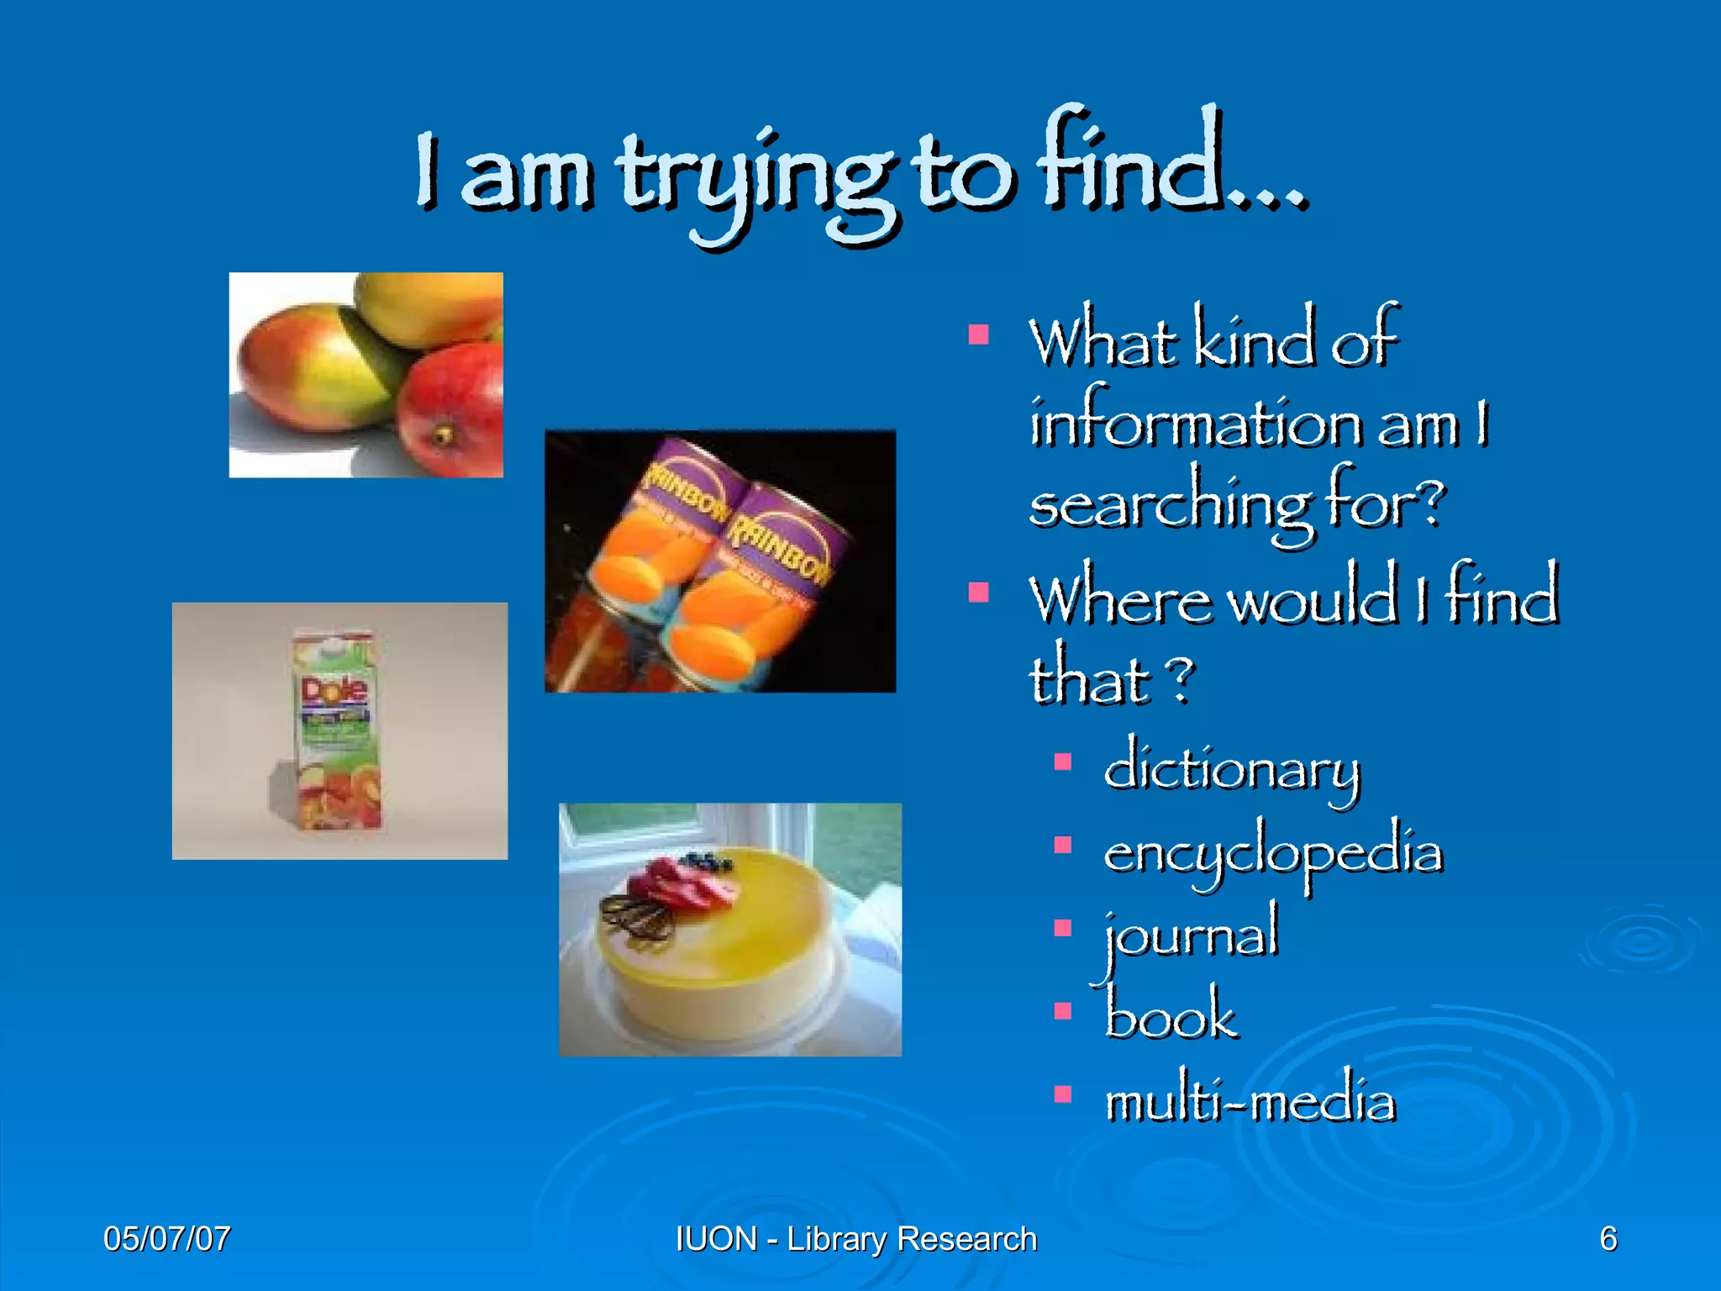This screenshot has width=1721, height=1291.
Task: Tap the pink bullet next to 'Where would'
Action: [978, 593]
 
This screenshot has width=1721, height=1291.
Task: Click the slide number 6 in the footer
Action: [1608, 1239]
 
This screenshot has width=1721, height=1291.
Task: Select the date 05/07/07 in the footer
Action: [167, 1239]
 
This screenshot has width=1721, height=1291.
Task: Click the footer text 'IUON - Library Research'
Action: [856, 1239]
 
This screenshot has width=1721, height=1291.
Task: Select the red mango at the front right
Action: [451, 409]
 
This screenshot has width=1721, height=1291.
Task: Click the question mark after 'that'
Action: [1180, 680]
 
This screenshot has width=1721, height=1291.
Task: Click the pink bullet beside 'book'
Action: [1063, 1010]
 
